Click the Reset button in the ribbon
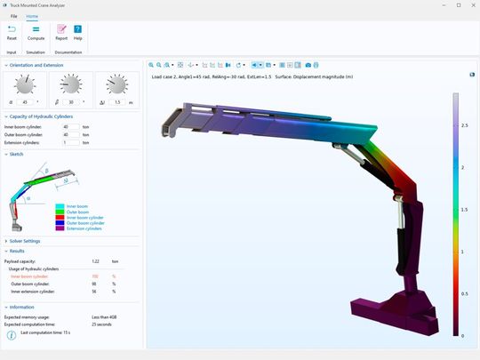click(12, 32)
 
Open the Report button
click(61, 32)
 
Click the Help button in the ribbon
click(78, 32)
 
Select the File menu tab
click(13, 17)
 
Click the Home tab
click(32, 17)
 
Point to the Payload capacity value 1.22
click(96, 260)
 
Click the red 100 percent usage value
click(96, 276)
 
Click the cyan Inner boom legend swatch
click(60, 205)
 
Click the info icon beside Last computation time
click(11, 335)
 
